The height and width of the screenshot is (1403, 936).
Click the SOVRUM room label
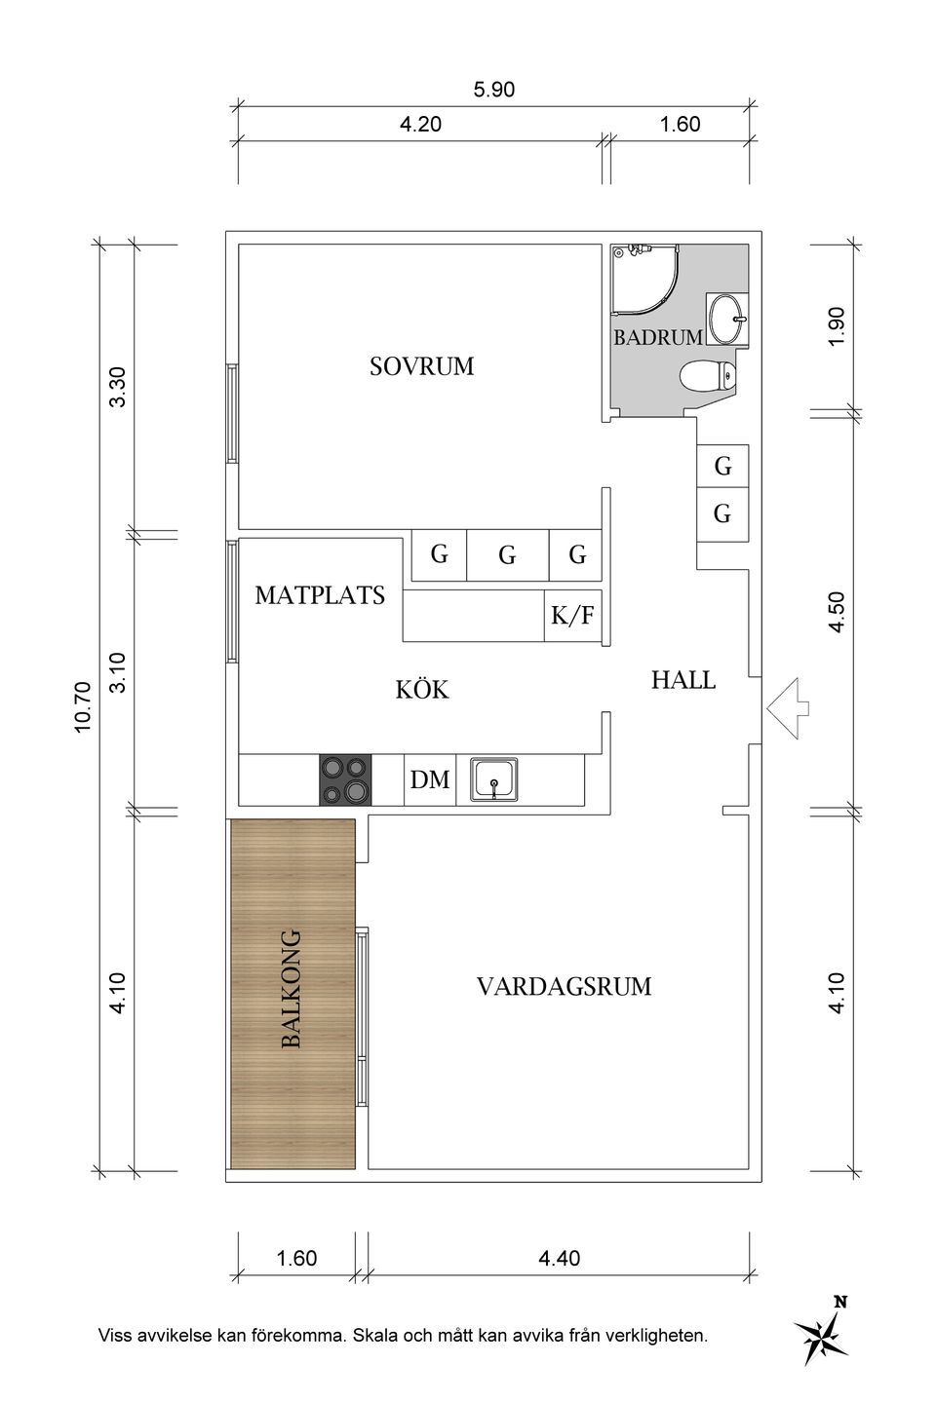[421, 366]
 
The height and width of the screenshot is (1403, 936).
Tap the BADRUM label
[657, 337]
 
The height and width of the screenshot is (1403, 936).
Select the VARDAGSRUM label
[564, 986]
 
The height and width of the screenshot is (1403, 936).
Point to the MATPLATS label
[320, 594]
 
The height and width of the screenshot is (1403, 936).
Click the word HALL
[682, 680]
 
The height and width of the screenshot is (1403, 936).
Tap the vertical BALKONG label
[291, 989]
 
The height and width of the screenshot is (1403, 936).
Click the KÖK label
[422, 690]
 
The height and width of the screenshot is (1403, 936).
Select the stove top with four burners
[345, 780]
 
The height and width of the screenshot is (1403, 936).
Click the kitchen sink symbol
[496, 780]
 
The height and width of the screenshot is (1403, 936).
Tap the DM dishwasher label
[430, 780]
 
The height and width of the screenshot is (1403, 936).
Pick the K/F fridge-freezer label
[572, 616]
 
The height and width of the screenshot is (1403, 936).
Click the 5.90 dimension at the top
[493, 91]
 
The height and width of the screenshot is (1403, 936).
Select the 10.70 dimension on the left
[82, 707]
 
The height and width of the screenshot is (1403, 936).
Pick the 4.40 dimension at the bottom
[559, 1258]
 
